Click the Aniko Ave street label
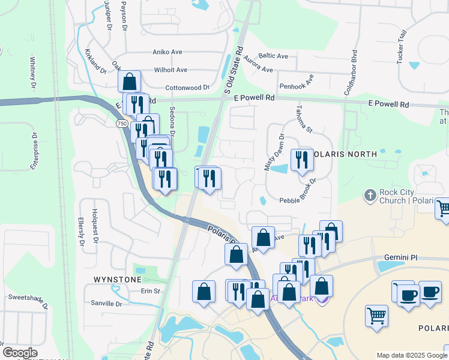click(x=167, y=52)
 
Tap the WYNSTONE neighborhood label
click(x=117, y=280)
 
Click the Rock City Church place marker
click(x=370, y=196)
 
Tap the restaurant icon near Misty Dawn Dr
click(x=301, y=160)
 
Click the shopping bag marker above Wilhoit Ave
click(x=129, y=81)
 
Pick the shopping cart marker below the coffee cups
click(x=376, y=315)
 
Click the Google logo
click(x=20, y=353)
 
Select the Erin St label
click(x=150, y=291)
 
